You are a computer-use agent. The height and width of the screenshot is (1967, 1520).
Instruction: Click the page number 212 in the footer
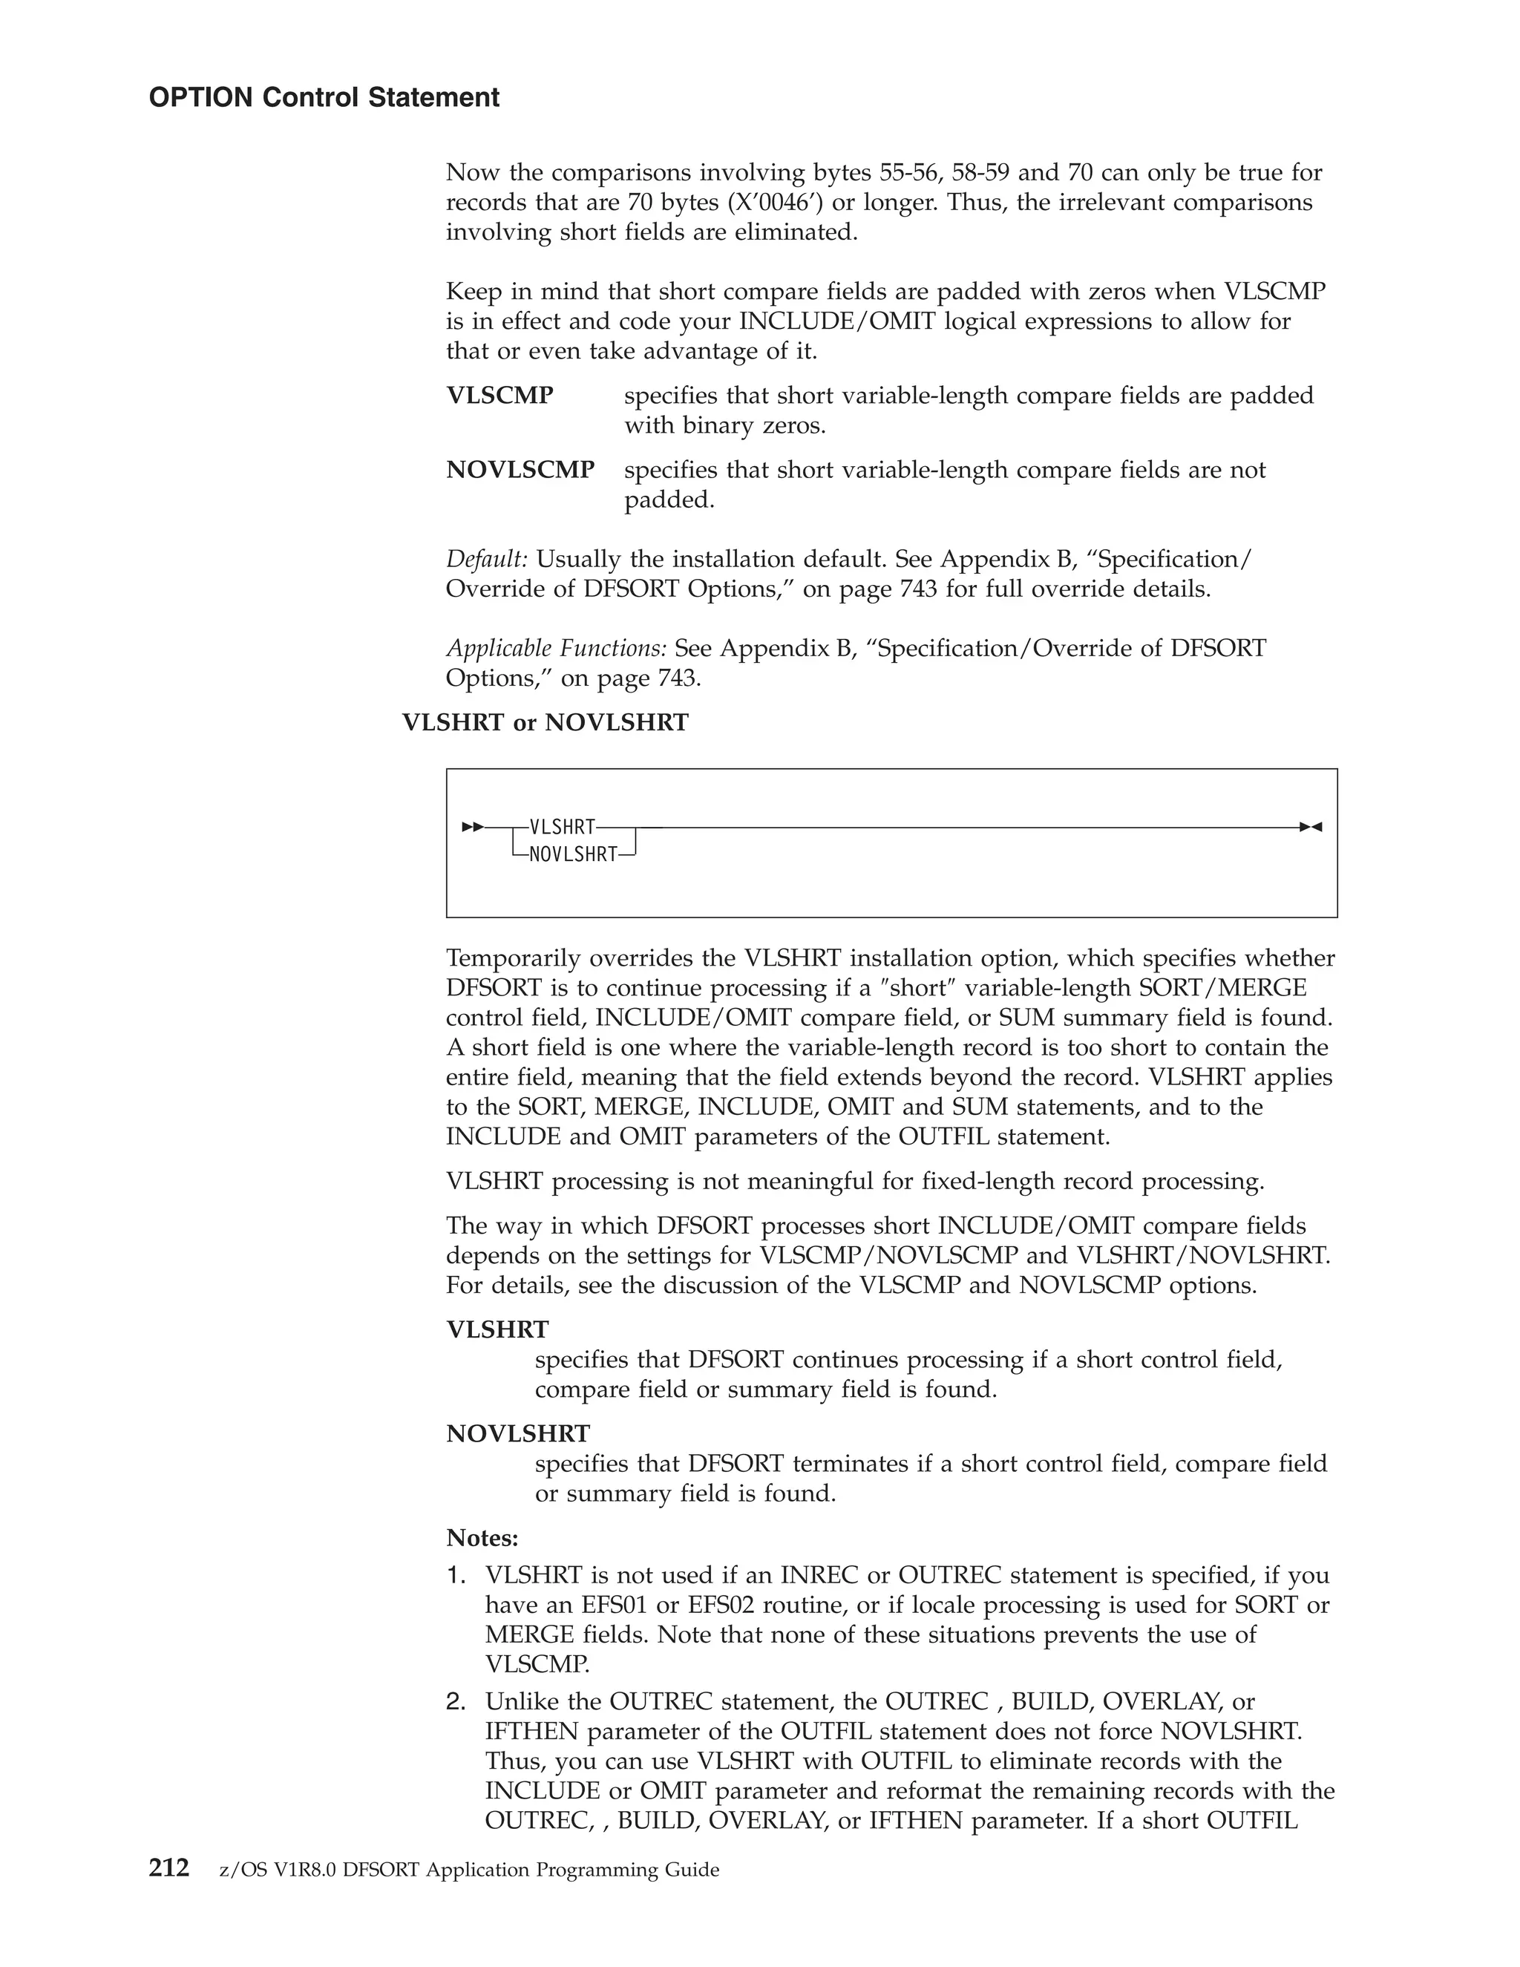pos(169,1868)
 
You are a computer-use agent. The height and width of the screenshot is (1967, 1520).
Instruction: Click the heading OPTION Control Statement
pos(324,97)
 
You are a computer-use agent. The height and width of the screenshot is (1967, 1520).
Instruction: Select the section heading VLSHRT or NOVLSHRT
pos(545,722)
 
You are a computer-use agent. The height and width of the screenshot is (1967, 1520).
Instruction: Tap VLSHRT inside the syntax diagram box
pos(562,827)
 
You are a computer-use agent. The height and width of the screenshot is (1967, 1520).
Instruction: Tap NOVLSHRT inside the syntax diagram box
pos(573,854)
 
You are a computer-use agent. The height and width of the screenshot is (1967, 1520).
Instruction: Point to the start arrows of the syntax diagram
pos(473,827)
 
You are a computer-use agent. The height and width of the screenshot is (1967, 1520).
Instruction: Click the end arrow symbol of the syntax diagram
pos(1310,827)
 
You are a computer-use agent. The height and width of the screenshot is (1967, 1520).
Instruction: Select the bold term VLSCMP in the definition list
pos(499,396)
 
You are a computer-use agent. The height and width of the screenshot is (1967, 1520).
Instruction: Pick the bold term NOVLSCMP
pos(520,470)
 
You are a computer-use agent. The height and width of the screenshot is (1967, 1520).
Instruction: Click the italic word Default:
pos(487,560)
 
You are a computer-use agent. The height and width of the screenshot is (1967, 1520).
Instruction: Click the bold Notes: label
pos(482,1537)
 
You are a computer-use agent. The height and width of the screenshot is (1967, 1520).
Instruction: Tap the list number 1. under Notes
pos(456,1575)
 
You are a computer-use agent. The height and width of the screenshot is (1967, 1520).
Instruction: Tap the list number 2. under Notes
pos(456,1701)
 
